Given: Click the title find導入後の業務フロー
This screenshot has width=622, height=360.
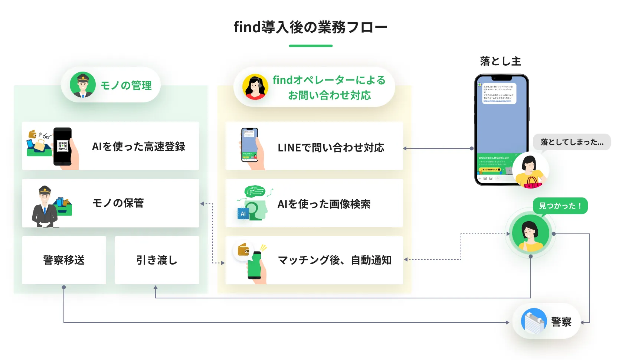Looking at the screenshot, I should pos(310,27).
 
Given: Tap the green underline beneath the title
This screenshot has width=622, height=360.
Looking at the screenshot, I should pos(311,46).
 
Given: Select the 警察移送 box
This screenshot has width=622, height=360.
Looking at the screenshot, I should pos(64,260).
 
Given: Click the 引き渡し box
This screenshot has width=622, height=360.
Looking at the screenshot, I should pos(157,260).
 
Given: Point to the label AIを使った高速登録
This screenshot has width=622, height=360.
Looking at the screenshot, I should pos(138,147).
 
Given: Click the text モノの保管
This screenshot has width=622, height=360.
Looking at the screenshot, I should pos(118,203).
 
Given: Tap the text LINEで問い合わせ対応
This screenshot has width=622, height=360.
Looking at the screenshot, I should pos(331,148).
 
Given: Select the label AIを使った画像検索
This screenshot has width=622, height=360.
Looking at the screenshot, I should pos(324,204).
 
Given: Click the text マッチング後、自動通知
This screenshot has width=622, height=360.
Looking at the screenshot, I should pos(334,260).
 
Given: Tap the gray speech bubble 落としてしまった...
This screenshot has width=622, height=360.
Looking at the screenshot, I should pos(572,142).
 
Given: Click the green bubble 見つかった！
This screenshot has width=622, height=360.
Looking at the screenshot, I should pos(560,206).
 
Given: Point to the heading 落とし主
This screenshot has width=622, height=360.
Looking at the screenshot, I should pos(500,61).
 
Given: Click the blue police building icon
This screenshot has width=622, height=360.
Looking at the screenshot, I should pos(534,321).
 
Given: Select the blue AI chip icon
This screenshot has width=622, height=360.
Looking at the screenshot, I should pos(243,214).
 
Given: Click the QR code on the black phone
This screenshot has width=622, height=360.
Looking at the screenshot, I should pos(62,146).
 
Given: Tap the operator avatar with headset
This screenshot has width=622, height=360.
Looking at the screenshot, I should pos(255,87).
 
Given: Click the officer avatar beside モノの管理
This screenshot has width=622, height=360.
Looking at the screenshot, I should pos(83,85).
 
